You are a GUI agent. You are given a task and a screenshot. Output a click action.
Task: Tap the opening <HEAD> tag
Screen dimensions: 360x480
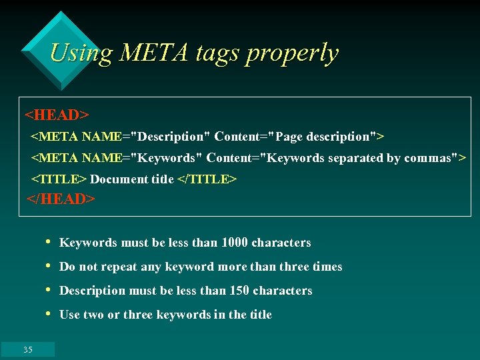(x=57, y=115)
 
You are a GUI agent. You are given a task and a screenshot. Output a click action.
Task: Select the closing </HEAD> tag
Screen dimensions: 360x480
(x=61, y=199)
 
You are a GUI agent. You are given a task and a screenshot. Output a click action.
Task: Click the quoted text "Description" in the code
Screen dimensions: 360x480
(x=171, y=137)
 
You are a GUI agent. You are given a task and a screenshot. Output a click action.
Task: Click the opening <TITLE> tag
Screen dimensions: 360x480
(x=59, y=179)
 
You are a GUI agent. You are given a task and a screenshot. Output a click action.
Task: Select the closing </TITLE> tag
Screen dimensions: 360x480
(x=207, y=179)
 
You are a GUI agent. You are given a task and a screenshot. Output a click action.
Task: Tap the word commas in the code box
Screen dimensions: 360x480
(x=427, y=158)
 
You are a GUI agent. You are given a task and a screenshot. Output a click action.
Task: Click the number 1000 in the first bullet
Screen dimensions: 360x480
(x=234, y=243)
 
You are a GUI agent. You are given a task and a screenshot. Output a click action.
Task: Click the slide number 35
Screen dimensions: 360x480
(x=28, y=349)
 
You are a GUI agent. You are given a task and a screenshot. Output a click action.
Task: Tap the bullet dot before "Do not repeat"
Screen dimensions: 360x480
(x=49, y=266)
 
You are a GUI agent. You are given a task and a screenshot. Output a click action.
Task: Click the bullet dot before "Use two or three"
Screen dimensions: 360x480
(x=49, y=314)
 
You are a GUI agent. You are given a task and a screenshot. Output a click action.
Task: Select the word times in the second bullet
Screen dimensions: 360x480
(x=327, y=267)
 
